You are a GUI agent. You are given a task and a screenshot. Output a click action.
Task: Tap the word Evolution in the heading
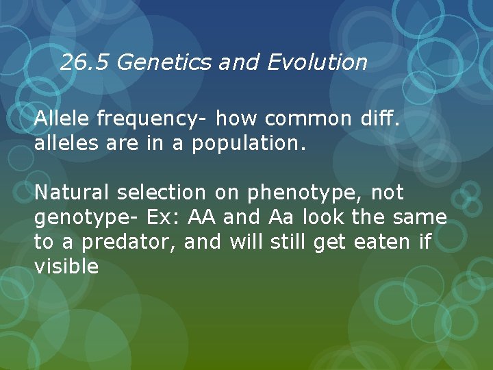[x=317, y=63]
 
